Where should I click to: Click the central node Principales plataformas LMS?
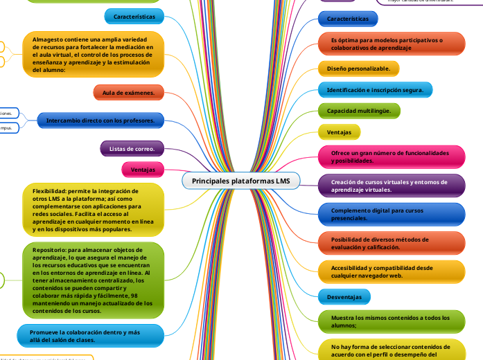241,181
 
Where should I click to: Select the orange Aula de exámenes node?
128,91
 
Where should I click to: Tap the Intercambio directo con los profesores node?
100,121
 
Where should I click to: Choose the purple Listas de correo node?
132,147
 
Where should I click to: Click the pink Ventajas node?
143,169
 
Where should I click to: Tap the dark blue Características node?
347,19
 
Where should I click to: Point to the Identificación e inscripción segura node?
375,90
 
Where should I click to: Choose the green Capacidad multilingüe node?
358,111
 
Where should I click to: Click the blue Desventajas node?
344,296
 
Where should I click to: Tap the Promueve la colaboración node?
89,336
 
